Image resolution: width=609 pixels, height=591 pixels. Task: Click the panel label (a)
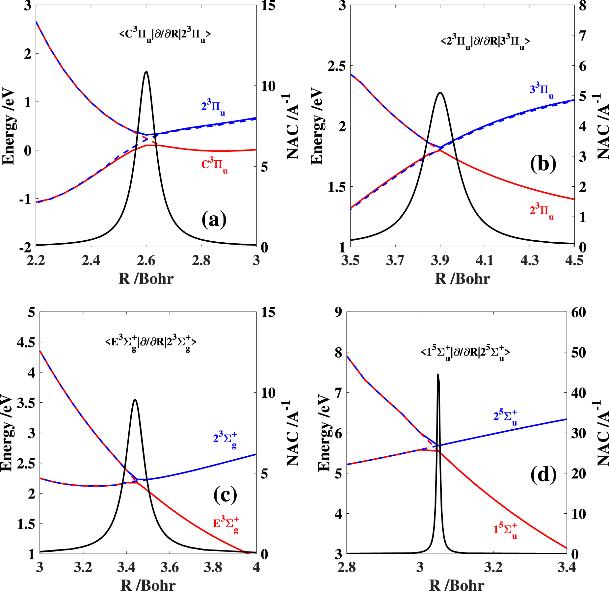point(214,220)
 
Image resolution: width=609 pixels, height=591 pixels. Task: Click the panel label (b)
point(543,164)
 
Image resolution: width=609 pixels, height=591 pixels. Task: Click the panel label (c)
point(225,495)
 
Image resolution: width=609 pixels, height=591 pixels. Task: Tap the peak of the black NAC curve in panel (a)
point(146,71)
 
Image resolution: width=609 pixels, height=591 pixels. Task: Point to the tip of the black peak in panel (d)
point(438,374)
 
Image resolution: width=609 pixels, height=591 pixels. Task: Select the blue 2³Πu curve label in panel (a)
point(213,108)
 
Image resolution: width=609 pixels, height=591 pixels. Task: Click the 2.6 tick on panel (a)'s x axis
point(146,260)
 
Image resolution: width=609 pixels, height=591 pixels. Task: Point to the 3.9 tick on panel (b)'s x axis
point(440,260)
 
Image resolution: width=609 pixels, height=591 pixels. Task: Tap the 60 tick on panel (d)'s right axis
point(579,312)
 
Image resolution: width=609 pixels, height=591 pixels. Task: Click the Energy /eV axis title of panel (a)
point(9,126)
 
